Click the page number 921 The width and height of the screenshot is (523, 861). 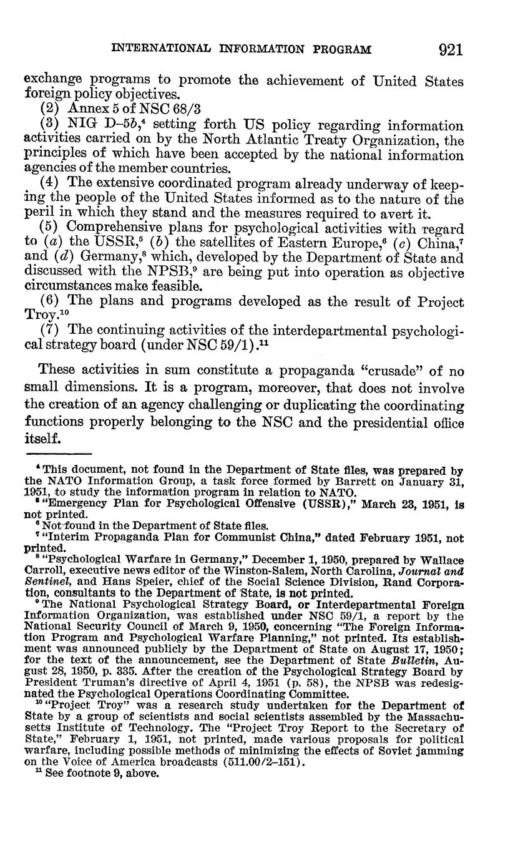coord(451,49)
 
